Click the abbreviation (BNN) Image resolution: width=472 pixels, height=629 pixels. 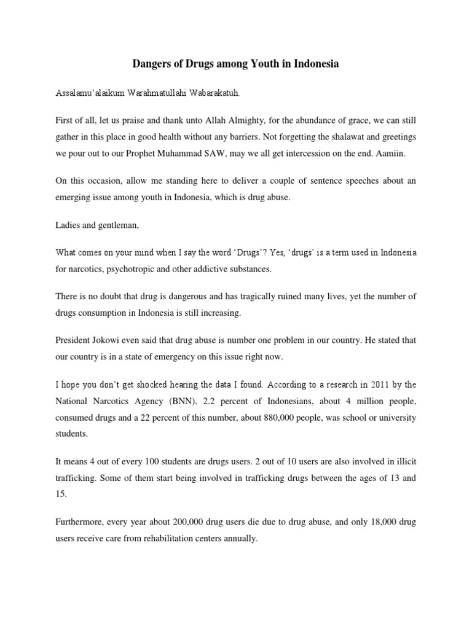coord(165,401)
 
